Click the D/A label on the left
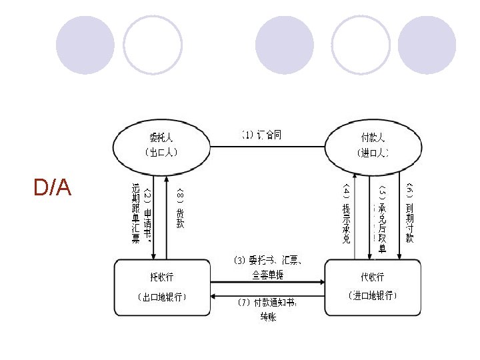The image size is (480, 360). pyautogui.click(x=53, y=189)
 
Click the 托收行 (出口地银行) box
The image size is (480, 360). pyautogui.click(x=161, y=287)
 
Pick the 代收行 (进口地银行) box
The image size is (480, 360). pyautogui.click(x=373, y=287)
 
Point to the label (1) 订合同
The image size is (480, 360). pyautogui.click(x=261, y=135)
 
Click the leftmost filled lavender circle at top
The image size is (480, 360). pyautogui.click(x=81, y=45)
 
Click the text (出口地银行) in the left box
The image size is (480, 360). pyautogui.click(x=161, y=297)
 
